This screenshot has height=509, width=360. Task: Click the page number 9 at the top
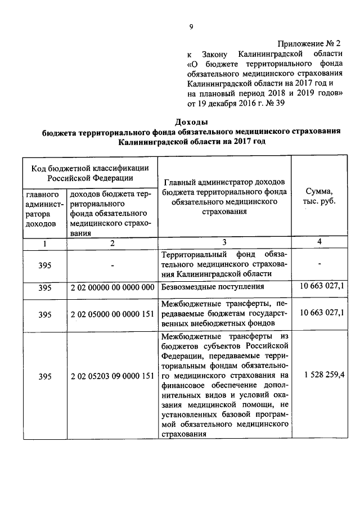point(191,26)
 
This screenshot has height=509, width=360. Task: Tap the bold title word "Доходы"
point(191,121)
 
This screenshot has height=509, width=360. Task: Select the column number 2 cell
point(112,244)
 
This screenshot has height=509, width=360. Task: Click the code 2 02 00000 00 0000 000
point(112,288)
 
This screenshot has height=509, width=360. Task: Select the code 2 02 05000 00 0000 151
point(112,313)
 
